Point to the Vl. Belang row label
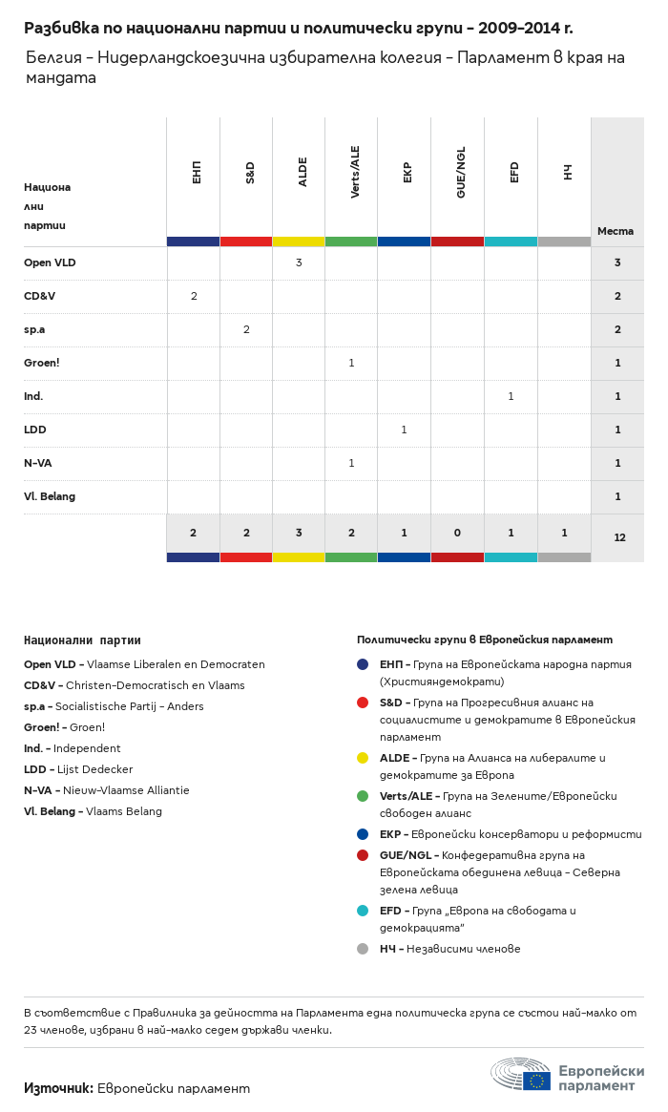pyautogui.click(x=50, y=496)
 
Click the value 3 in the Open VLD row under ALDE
pyautogui.click(x=299, y=262)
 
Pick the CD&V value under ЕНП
pyautogui.click(x=194, y=296)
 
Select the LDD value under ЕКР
pyautogui.click(x=404, y=430)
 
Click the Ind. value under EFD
pyautogui.click(x=511, y=396)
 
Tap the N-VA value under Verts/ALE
pyautogui.click(x=351, y=463)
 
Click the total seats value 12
pyautogui.click(x=619, y=537)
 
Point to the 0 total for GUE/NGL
pyautogui.click(x=458, y=533)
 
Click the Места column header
pyautogui.click(x=616, y=231)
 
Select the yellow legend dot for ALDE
pyautogui.click(x=363, y=758)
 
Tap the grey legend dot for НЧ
pyautogui.click(x=363, y=949)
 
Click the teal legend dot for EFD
pyautogui.click(x=363, y=911)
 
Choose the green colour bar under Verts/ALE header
pyautogui.click(x=351, y=241)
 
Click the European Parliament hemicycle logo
pyautogui.click(x=521, y=1075)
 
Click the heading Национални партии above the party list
pyautogui.click(x=82, y=640)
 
